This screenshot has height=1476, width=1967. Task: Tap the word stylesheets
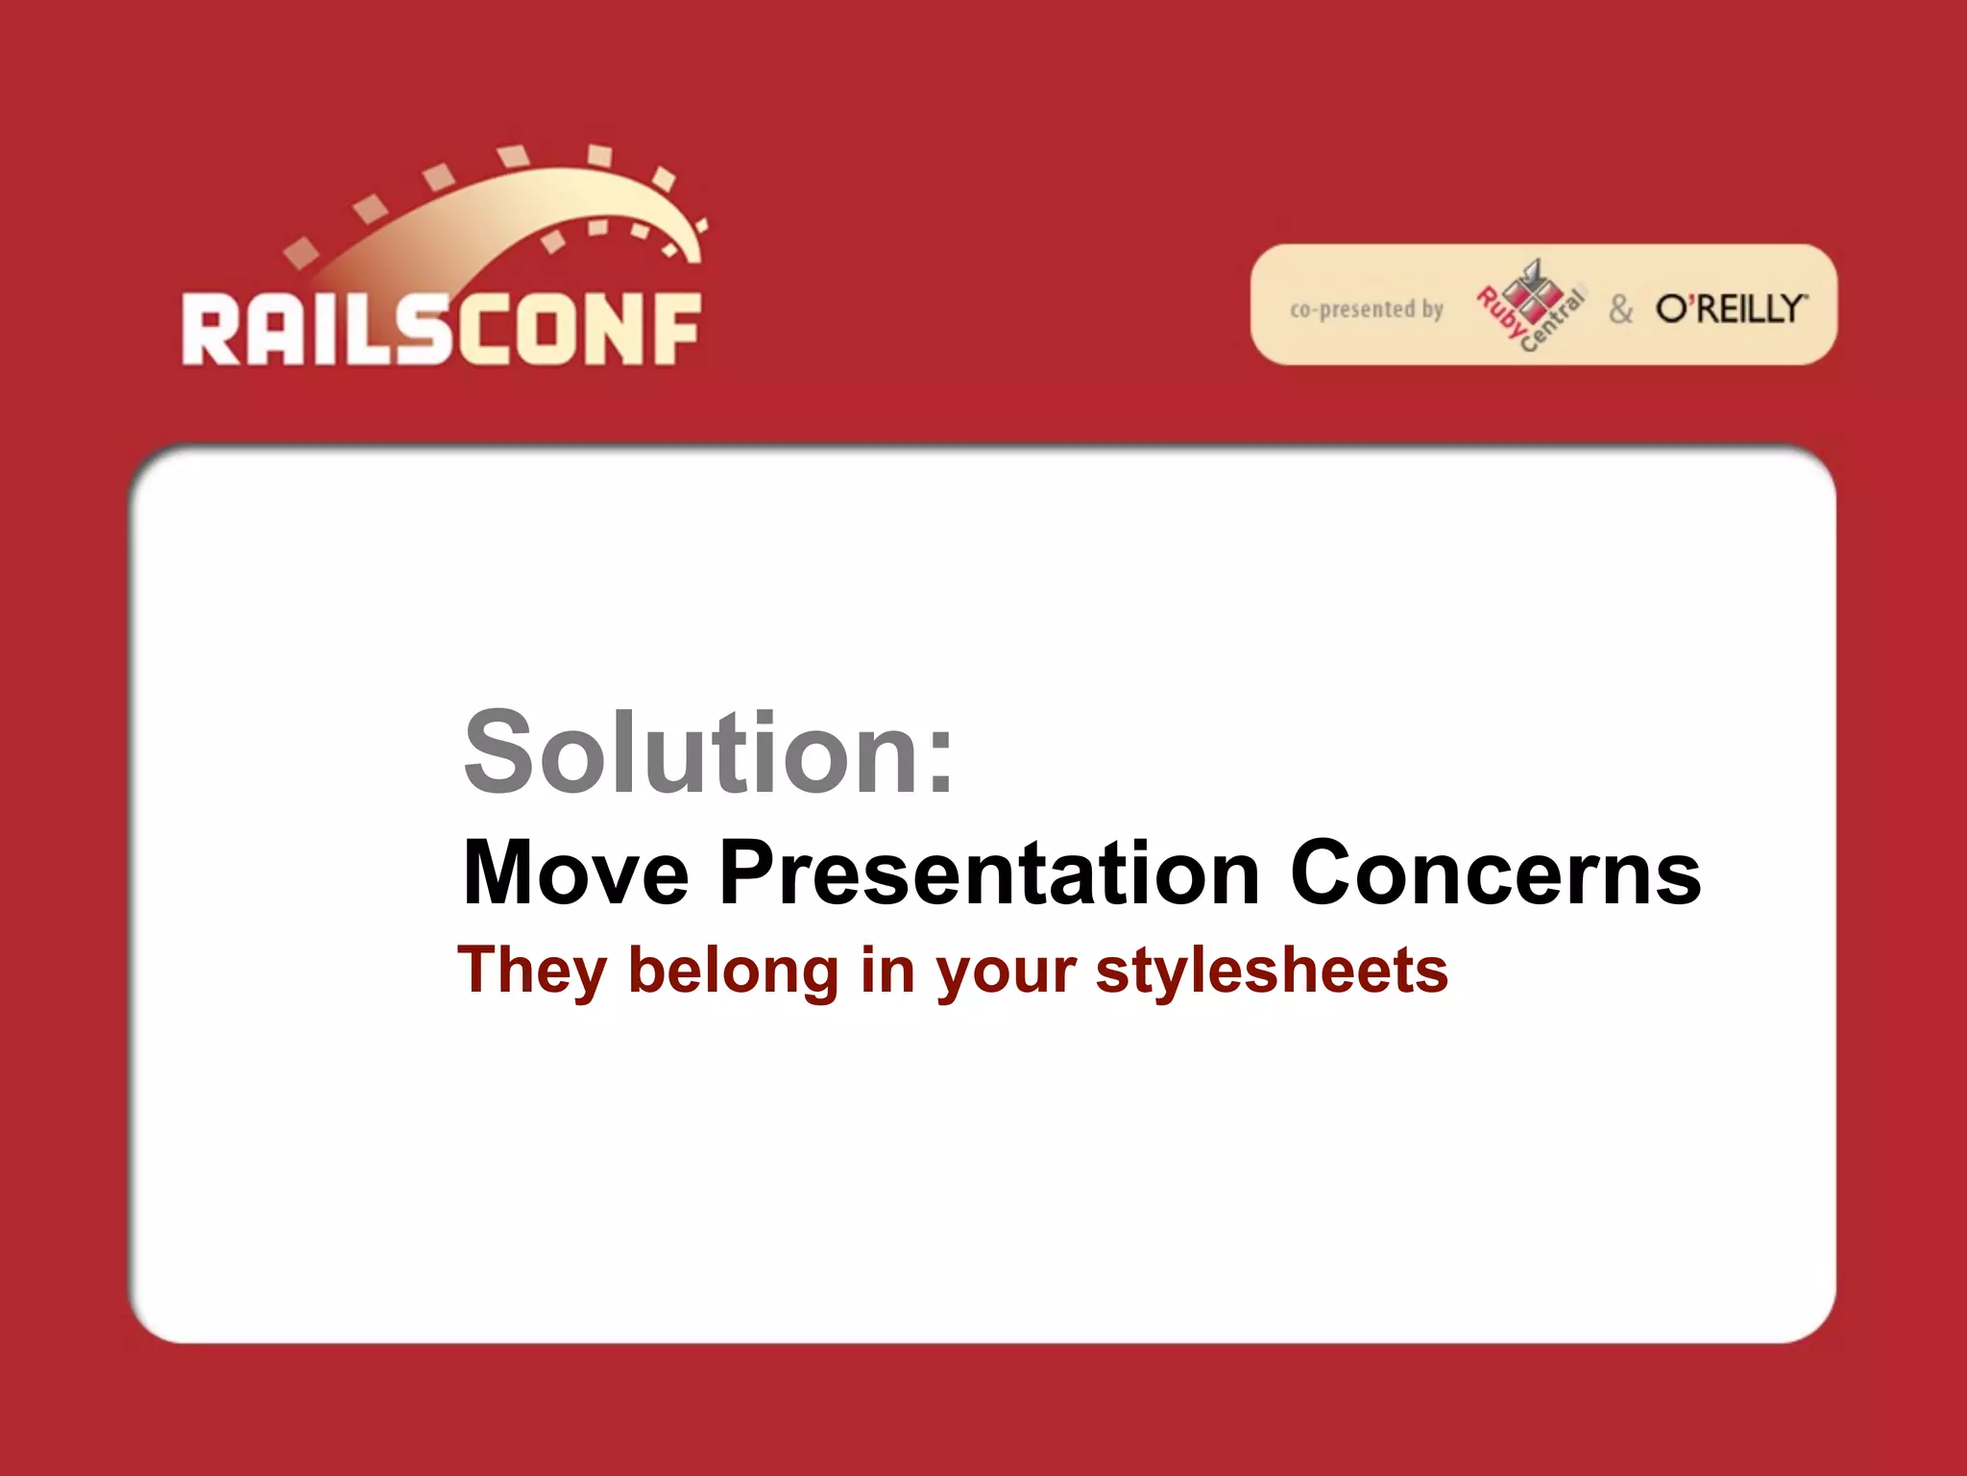[1272, 971]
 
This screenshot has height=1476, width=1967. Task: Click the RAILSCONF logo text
[442, 330]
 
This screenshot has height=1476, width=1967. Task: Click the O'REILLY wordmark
[1731, 308]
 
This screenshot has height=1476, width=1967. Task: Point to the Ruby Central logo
[1529, 305]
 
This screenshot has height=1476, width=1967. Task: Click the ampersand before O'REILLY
[1620, 309]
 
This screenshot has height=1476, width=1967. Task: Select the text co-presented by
[1366, 309]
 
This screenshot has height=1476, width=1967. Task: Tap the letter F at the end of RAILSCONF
[675, 330]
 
